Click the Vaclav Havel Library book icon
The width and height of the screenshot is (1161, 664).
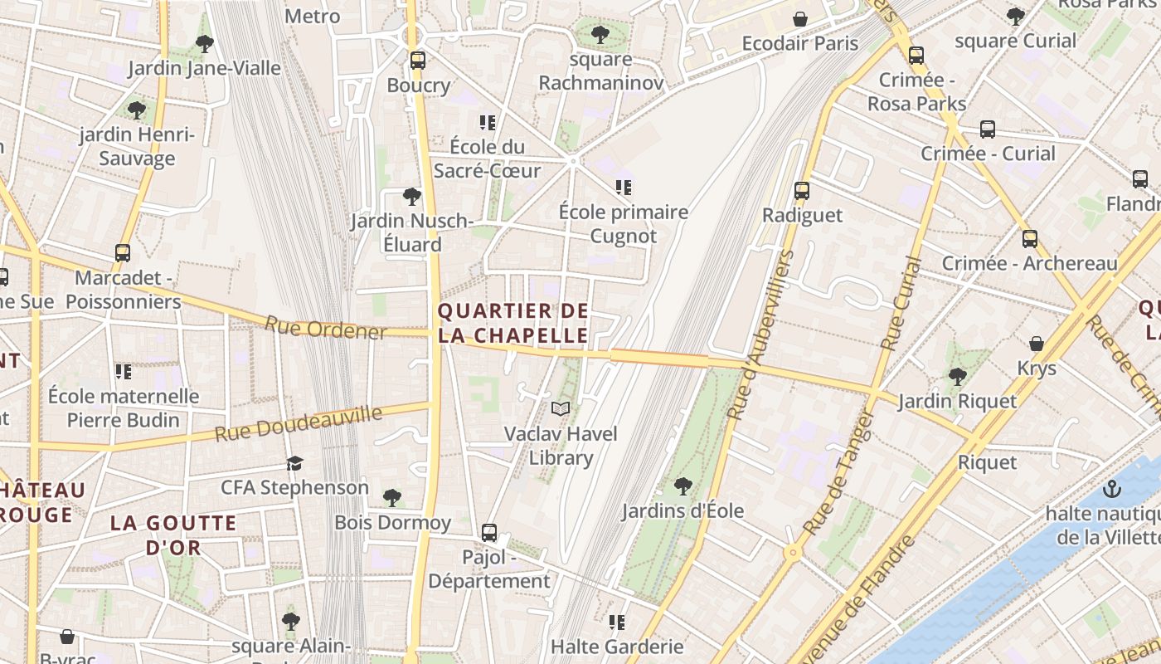[561, 408]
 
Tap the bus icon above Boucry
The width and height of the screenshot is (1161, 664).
[418, 61]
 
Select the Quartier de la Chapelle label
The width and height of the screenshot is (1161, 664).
[513, 324]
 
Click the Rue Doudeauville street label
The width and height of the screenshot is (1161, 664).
[299, 423]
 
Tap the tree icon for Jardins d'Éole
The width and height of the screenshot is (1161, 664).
[683, 486]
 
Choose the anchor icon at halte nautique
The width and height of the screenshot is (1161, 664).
[1112, 489]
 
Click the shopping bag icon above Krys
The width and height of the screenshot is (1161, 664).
[1037, 344]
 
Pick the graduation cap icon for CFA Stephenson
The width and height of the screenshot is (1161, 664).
[294, 463]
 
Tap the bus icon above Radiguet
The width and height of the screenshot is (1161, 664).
[802, 191]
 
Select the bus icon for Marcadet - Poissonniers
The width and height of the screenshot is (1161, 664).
[123, 253]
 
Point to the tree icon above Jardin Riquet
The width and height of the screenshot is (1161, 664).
[958, 377]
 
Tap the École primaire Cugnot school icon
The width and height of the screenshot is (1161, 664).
[624, 188]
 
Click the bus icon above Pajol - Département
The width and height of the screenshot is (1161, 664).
[489, 533]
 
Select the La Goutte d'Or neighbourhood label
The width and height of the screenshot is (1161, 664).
[174, 535]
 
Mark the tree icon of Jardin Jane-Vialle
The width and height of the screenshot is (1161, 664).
[205, 44]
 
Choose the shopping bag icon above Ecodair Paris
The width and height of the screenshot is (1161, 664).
[800, 19]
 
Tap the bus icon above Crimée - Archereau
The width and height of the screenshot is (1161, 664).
[1030, 239]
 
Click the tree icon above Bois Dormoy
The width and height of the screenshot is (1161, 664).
[392, 498]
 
